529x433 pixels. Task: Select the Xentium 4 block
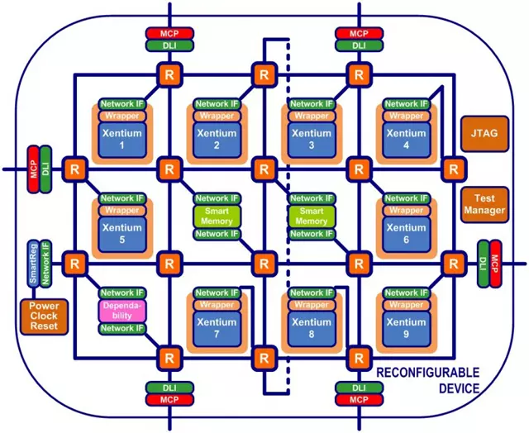coord(406,138)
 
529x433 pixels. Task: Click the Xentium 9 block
coord(406,327)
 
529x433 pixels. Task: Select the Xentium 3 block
coord(311,138)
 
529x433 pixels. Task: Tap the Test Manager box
coord(484,203)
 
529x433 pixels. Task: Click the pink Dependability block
coord(122,311)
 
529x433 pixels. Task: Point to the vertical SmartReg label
coord(32,263)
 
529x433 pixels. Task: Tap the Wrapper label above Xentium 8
coord(311,305)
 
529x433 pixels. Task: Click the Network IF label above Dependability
coord(122,293)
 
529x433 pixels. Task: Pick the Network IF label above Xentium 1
coord(122,104)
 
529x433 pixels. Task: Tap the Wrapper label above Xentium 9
coord(406,305)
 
